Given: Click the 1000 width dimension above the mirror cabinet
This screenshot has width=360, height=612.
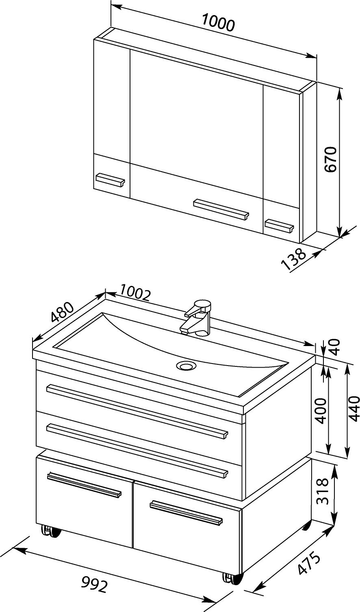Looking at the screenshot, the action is click(218, 22).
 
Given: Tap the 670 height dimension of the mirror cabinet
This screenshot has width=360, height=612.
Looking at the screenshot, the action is click(330, 159).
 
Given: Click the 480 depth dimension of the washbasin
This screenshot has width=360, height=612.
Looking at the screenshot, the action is click(63, 312).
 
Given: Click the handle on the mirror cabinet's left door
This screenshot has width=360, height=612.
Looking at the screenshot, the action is click(111, 179).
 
